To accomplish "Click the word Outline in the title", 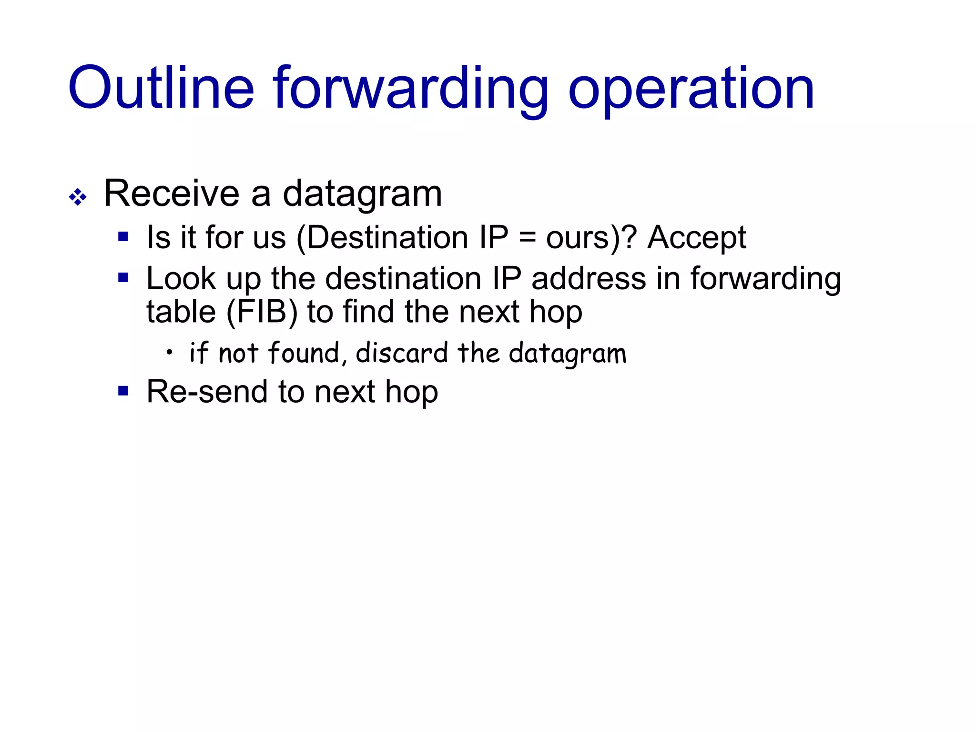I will [x=161, y=88].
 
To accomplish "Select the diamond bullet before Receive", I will [x=78, y=197].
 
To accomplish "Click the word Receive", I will [x=171, y=193].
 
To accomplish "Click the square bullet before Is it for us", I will [x=123, y=236].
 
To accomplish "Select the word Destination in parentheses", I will [x=387, y=237].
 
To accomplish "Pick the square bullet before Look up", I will [x=123, y=277].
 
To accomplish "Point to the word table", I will [x=181, y=312].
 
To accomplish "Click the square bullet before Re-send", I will [x=123, y=391].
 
